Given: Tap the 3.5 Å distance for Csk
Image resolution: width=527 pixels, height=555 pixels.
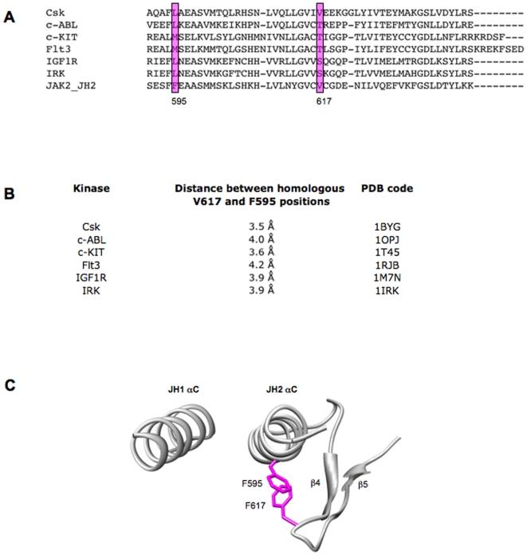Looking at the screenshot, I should click(x=261, y=226).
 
